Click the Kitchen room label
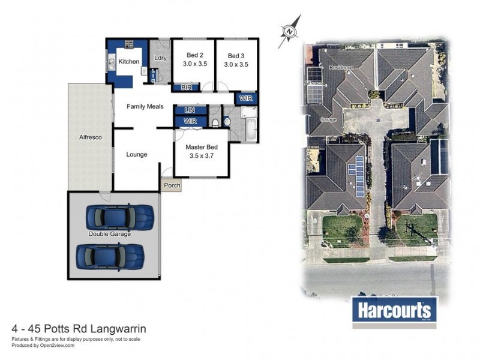point(128,62)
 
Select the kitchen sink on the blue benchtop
point(112,61)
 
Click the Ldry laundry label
point(160,58)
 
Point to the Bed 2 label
point(194,55)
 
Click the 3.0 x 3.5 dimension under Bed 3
point(236,64)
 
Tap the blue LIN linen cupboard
point(190,110)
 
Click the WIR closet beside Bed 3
point(246,98)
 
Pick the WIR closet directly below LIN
point(190,122)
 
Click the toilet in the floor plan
point(215,123)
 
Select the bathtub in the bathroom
point(250,128)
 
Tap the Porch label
point(172,186)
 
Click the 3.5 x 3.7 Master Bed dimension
point(201,155)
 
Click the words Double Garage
point(109,234)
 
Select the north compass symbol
point(290,30)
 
